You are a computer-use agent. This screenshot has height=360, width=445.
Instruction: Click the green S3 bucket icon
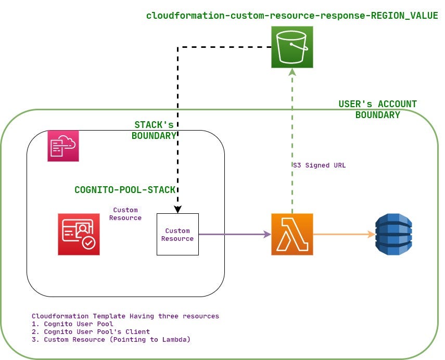tap(292, 48)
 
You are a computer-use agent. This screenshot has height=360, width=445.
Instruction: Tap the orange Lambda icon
tap(292, 234)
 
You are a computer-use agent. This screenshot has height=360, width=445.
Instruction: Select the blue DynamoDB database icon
tap(394, 234)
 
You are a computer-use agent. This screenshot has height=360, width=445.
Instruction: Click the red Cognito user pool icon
tap(79, 234)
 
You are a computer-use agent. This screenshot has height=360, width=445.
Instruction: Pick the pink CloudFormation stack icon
tap(63, 146)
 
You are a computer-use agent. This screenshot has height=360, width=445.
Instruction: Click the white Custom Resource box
tap(177, 235)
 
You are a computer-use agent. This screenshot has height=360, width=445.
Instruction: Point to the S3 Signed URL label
tap(319, 165)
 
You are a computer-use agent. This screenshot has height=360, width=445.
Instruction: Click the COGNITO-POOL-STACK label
tap(124, 190)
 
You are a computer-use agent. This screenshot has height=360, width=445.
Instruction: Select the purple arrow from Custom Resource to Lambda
tap(234, 235)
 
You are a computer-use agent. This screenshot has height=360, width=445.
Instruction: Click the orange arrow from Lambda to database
tap(344, 234)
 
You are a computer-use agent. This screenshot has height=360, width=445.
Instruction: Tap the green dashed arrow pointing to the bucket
tap(293, 140)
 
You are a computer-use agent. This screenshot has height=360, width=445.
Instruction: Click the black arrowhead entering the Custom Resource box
tap(177, 210)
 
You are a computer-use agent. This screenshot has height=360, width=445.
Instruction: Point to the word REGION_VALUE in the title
tap(404, 16)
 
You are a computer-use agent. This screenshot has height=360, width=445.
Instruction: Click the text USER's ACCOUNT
tap(377, 104)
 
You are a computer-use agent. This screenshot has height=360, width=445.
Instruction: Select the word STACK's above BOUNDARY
tap(154, 125)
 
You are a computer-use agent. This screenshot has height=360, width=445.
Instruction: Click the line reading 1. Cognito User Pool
tap(73, 324)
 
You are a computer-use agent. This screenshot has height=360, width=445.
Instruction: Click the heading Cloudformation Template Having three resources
tap(125, 316)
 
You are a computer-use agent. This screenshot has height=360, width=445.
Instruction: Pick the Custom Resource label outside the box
tap(125, 214)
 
